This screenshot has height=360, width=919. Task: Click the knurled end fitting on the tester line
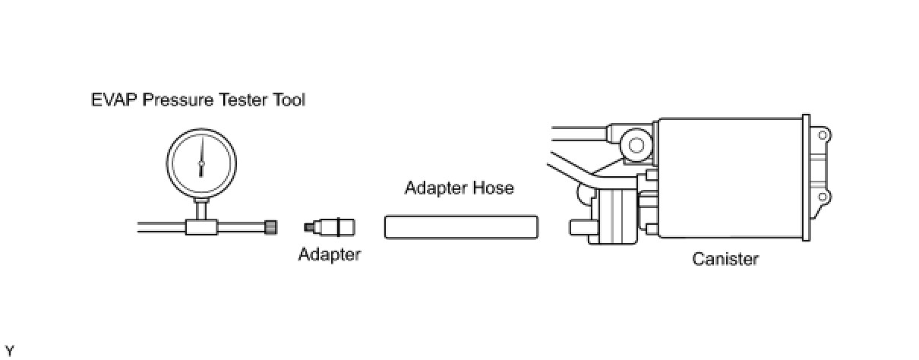271,226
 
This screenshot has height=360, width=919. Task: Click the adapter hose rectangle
461,227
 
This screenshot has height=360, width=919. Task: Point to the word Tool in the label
289,99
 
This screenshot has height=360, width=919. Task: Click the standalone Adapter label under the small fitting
329,254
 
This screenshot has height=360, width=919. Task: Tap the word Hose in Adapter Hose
494,187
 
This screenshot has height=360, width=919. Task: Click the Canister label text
725,259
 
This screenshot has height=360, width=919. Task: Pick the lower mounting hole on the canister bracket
822,197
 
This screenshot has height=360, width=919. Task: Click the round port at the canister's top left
636,144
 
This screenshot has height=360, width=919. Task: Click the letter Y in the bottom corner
9,350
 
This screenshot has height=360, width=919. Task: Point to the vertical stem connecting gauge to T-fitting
201,209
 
